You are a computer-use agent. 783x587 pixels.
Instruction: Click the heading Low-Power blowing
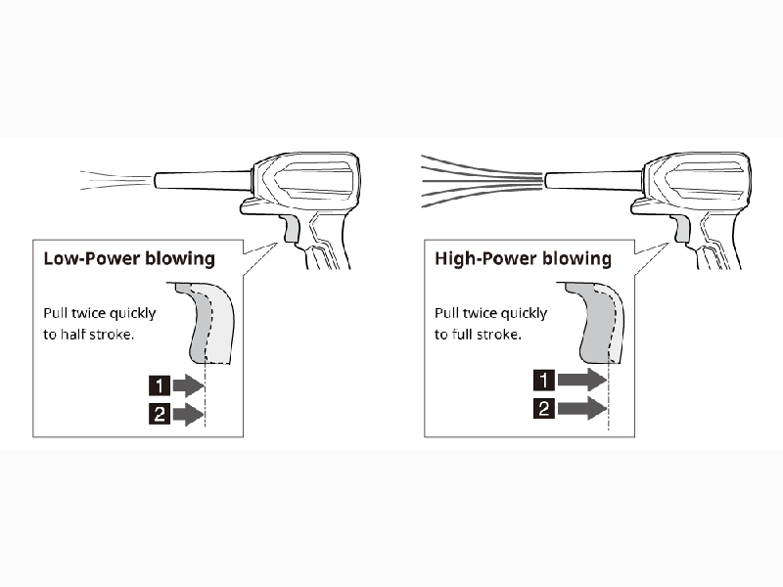tap(129, 258)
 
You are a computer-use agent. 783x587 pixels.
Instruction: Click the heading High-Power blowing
tap(523, 258)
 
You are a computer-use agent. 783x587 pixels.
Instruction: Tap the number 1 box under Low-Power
tap(160, 385)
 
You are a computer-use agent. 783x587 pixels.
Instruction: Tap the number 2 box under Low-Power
tap(160, 414)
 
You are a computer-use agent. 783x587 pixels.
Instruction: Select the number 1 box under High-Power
tap(544, 380)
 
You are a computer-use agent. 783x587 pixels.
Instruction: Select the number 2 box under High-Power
tap(544, 408)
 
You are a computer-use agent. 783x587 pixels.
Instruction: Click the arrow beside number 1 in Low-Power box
tap(188, 385)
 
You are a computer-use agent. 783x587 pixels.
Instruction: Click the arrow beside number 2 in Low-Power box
tap(188, 414)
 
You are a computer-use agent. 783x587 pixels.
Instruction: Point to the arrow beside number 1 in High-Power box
tap(582, 380)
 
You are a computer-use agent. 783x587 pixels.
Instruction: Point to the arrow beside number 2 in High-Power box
tap(582, 408)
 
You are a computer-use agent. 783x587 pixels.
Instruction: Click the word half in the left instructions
tap(71, 334)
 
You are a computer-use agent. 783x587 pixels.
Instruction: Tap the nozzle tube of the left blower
tap(203, 180)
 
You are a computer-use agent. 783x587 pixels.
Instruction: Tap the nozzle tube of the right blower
tap(594, 180)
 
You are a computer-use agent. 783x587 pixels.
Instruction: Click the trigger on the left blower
tap(292, 230)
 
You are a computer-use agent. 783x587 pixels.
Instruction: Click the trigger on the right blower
tap(682, 230)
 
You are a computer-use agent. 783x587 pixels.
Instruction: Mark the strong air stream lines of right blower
tap(482, 181)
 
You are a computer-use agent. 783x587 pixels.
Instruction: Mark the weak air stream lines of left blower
tap(116, 180)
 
